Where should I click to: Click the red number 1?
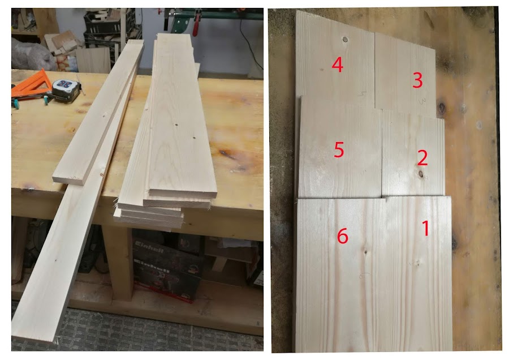pos(425,228)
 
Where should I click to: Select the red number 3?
pos(417,80)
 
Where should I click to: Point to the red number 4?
pos(337,65)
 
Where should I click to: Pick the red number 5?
pos(339,149)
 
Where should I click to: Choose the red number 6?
pos(343,236)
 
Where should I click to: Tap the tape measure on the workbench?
pos(67,89)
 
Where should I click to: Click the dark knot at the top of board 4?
pos(345,40)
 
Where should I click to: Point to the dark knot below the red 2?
pos(421,174)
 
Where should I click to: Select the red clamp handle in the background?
pos(196,26)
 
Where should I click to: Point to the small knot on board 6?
pos(365,252)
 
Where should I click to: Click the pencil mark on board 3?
pos(422,101)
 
